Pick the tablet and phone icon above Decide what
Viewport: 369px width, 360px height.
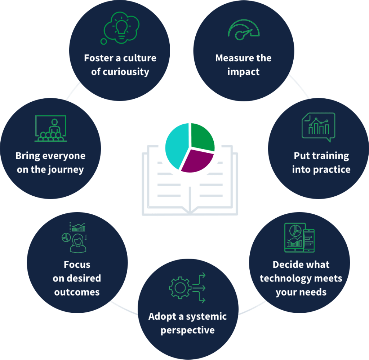(x=299, y=237)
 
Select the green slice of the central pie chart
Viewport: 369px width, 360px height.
(x=202, y=137)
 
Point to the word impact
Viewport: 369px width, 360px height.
(x=243, y=71)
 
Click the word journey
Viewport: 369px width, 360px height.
(x=67, y=169)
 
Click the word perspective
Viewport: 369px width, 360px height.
(x=187, y=330)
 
